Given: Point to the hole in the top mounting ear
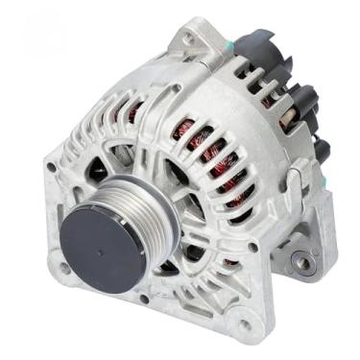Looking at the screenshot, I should (x=188, y=39).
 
